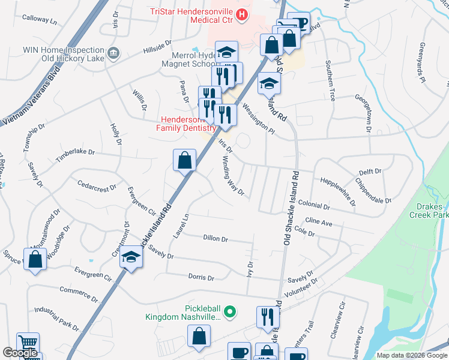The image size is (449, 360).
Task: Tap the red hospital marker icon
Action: (242, 14)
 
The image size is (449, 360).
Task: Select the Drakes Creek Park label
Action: (429, 210)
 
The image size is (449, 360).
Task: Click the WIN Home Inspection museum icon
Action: (112, 54)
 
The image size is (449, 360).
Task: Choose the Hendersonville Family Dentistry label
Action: (185, 124)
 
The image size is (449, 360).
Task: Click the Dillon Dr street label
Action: (215, 239)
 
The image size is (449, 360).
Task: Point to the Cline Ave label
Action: (319, 222)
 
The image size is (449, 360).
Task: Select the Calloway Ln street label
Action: (39, 20)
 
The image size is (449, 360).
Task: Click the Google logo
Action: (20, 353)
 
